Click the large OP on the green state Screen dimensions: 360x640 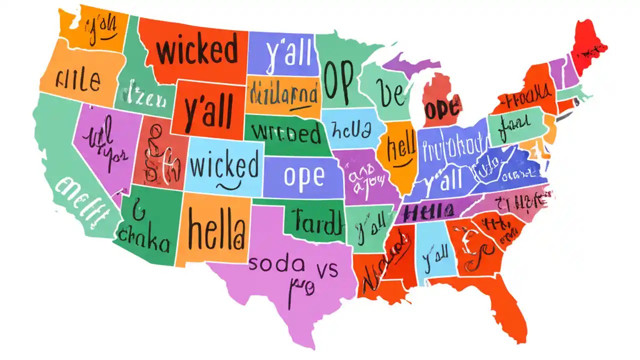(x=338, y=80)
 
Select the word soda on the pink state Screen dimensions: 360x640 (x=275, y=263)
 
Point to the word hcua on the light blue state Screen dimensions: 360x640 (x=352, y=131)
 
